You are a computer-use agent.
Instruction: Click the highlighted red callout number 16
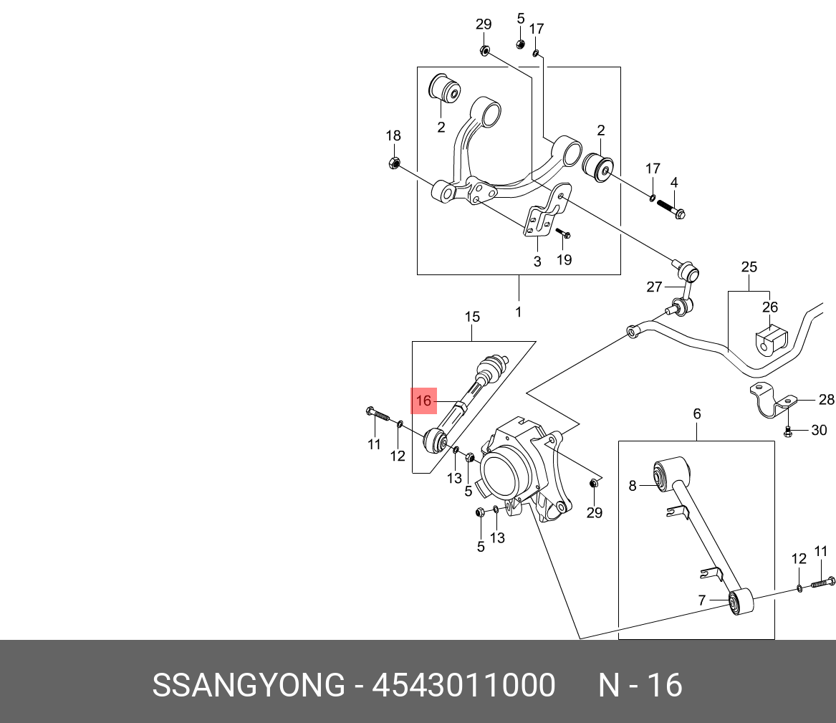click(424, 401)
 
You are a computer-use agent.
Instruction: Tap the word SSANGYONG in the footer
click(249, 686)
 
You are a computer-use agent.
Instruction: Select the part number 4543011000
click(463, 686)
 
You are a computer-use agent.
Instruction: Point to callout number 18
click(393, 136)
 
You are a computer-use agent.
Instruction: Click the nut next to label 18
click(393, 163)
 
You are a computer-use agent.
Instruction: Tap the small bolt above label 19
click(563, 234)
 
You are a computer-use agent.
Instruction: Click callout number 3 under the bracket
click(537, 262)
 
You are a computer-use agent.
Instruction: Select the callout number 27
click(655, 287)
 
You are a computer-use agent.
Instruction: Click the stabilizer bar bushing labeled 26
click(770, 340)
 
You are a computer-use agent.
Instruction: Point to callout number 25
click(749, 267)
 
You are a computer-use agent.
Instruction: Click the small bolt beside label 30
click(787, 431)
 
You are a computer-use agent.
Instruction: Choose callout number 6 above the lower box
click(696, 414)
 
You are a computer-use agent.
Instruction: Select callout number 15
click(472, 317)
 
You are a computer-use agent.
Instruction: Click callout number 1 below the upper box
click(518, 312)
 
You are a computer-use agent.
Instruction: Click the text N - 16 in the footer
click(640, 686)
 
